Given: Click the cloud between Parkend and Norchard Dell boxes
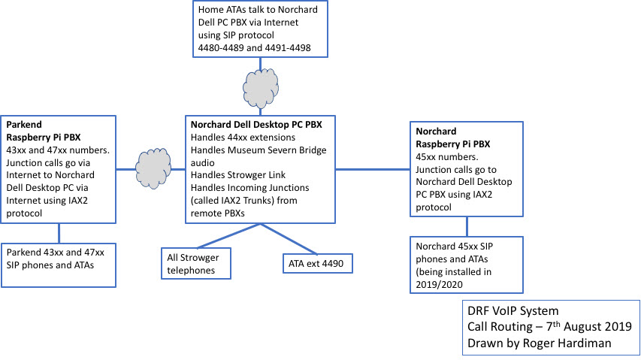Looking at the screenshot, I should (x=150, y=167).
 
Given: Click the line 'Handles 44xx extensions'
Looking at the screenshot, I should (x=243, y=138).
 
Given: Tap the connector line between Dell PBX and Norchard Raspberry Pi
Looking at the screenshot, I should (x=372, y=169).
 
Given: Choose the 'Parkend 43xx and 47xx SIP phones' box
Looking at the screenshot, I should (x=59, y=264).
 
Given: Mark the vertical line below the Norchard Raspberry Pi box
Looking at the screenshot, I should (x=467, y=226).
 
